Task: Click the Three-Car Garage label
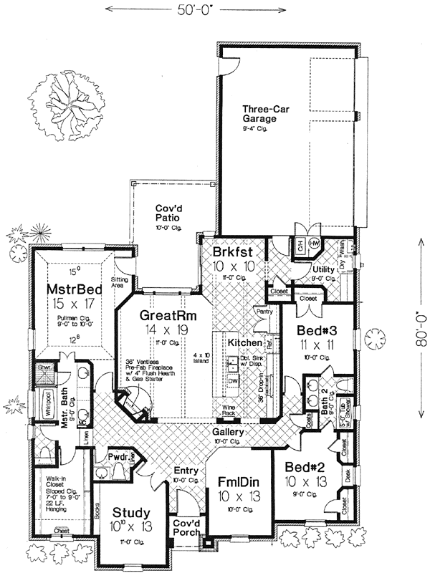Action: tap(259, 114)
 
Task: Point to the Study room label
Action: tap(131, 512)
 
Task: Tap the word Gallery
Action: tap(228, 433)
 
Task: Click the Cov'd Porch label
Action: tap(188, 528)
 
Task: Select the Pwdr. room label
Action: tap(118, 455)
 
